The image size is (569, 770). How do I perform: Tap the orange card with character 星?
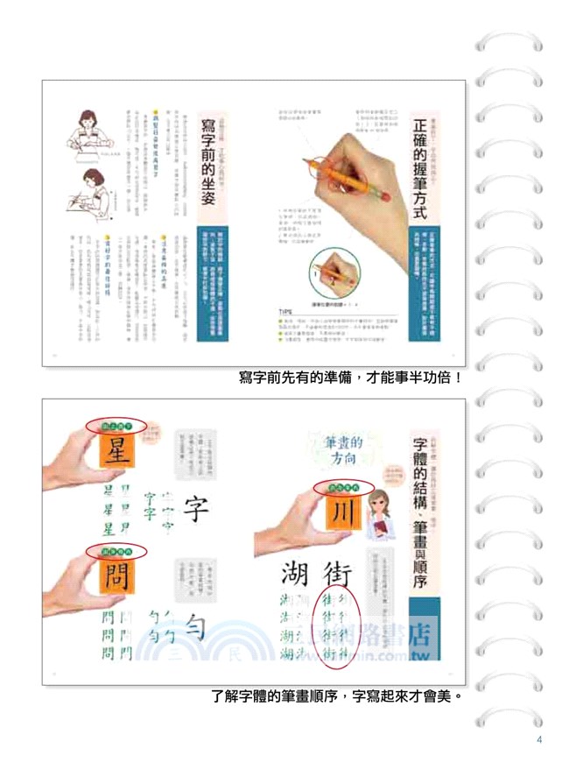click(116, 454)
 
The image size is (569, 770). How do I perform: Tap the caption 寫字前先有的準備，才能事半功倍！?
click(350, 378)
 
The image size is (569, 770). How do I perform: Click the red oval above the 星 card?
click(116, 427)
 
